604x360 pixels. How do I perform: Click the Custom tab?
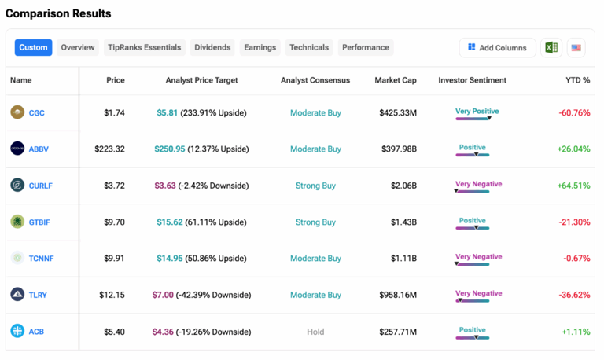pos(33,47)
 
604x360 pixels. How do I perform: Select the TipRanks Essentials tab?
pos(144,47)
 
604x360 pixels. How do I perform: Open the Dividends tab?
pos(212,47)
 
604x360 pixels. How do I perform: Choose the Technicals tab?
pos(309,47)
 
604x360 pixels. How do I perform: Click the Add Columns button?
pos(497,47)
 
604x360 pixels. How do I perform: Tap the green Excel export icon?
pos(551,47)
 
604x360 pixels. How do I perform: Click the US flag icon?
pos(576,47)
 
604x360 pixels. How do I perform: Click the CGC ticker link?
pos(37,113)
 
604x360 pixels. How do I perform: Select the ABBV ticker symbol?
pos(39,149)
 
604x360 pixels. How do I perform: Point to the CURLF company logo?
pos(17,186)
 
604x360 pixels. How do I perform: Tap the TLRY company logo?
pos(17,295)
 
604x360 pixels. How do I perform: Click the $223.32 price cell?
pos(109,149)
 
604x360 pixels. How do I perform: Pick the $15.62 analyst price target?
pos(169,222)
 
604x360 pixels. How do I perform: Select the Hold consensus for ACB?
pos(315,332)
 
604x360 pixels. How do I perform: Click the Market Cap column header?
pos(396,80)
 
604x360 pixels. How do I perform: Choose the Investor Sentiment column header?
pos(472,80)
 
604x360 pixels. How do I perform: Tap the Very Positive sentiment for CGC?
pos(477,112)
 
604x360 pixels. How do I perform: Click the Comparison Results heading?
pos(58,13)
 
